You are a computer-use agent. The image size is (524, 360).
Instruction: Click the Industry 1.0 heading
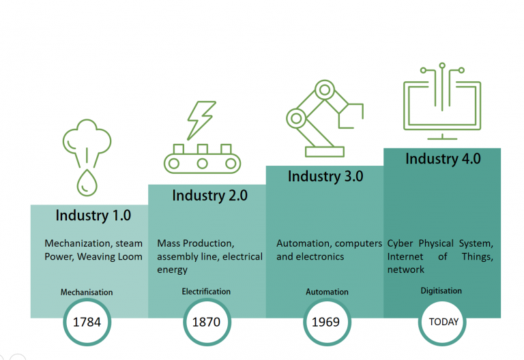tap(93, 215)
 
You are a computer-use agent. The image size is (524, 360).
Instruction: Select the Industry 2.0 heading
tap(209, 196)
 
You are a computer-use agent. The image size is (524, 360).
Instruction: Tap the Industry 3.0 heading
tap(325, 177)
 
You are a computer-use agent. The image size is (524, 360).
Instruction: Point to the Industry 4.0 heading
tap(443, 159)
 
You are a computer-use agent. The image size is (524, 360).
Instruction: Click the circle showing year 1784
tap(87, 321)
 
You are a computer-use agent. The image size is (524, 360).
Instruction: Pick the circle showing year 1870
tap(206, 321)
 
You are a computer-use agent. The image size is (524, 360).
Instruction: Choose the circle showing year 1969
tap(325, 321)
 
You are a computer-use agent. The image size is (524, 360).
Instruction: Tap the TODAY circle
tap(443, 321)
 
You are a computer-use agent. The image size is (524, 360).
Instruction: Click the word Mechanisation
tap(87, 292)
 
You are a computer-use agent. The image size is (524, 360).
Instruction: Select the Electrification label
tap(206, 292)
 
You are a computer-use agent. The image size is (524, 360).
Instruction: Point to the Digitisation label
tap(441, 291)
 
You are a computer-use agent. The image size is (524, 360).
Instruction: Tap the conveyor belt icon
tap(202, 159)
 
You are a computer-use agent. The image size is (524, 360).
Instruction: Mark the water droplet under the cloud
tap(87, 182)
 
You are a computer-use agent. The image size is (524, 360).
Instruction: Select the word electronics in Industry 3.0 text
tap(320, 257)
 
